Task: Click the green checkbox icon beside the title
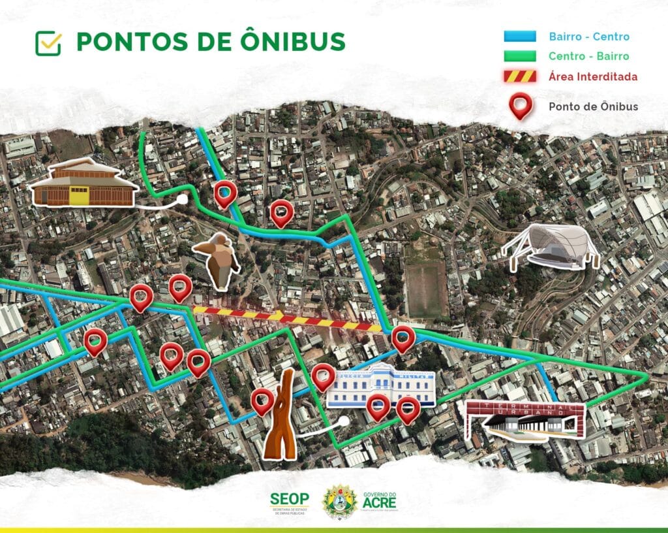pos(48,43)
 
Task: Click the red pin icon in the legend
pos(520,106)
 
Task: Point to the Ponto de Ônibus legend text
pos(593,106)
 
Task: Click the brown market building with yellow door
pos(81,184)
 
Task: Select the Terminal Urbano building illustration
pos(526,421)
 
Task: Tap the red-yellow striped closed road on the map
pos(287,318)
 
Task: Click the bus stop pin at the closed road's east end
pos(403,338)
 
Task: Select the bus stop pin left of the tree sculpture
pos(262,400)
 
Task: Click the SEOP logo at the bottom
pos(290,502)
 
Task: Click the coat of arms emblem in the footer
pos(341,502)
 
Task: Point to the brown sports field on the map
pos(426,288)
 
